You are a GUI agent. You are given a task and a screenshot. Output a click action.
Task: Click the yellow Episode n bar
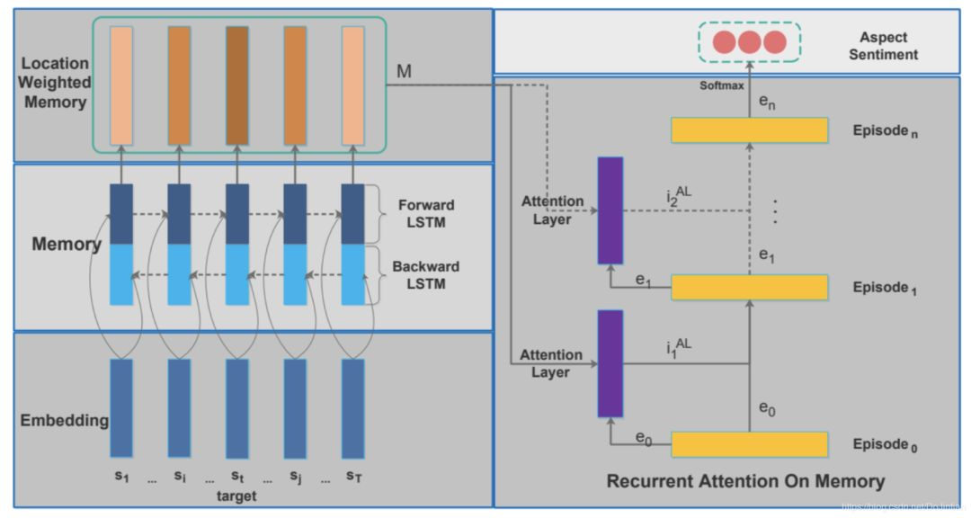pos(749,130)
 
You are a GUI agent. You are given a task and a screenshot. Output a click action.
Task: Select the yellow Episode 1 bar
pos(749,287)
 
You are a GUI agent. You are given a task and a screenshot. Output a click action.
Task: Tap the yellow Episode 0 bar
pos(749,444)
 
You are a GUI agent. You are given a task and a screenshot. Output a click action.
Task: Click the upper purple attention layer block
pos(610,210)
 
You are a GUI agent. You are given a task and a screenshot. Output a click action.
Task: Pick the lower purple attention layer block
pos(610,363)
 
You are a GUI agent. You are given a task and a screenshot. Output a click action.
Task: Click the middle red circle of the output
pos(750,41)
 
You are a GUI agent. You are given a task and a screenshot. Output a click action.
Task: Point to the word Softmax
pos(722,85)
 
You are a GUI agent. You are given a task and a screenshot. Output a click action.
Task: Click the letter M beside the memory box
pos(405,72)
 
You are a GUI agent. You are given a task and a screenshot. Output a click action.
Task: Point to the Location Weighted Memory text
pos(55,83)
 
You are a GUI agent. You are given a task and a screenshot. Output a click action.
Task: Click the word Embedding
pos(64,420)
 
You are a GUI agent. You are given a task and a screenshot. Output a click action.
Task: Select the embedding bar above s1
pos(121,408)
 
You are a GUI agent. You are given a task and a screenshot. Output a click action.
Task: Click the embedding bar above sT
pos(353,408)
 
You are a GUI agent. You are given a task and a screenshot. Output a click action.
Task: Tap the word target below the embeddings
pos(237,496)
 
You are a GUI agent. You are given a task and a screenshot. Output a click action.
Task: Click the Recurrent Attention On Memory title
pos(745,481)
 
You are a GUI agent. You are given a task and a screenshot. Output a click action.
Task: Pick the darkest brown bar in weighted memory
pos(237,85)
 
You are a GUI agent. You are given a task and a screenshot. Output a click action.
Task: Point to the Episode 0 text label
pos(884,444)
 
